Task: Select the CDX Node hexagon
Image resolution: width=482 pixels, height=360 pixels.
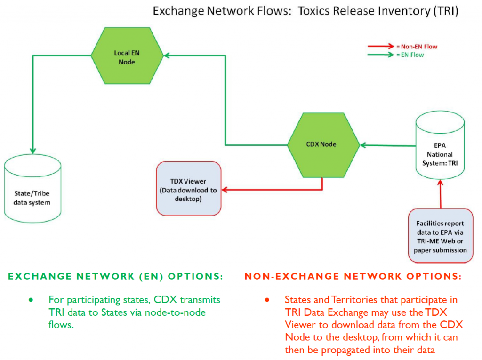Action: click(x=322, y=144)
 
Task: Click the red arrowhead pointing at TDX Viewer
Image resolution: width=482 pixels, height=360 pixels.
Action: click(x=225, y=190)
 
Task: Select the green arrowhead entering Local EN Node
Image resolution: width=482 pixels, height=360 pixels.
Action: click(x=167, y=55)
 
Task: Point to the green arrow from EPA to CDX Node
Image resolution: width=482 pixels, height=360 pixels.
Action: click(x=386, y=145)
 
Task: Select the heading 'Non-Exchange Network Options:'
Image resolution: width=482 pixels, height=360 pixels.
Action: click(x=353, y=276)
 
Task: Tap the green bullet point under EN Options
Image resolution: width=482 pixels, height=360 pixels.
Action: click(x=32, y=300)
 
